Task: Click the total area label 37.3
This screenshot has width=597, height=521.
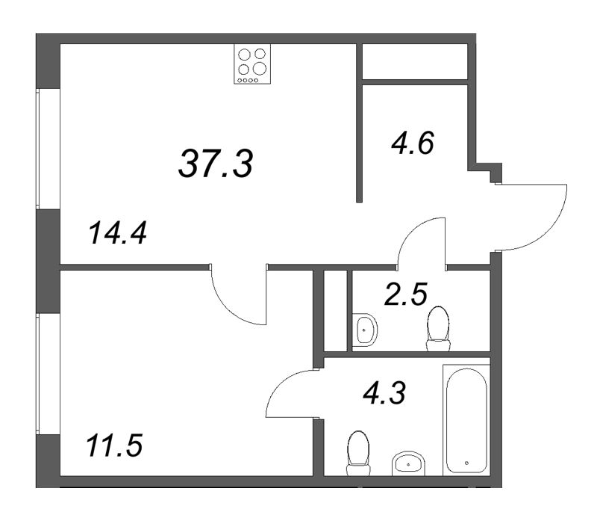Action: [216, 163]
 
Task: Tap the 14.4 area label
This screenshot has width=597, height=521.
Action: [117, 233]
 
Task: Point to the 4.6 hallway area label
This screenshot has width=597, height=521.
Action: [413, 143]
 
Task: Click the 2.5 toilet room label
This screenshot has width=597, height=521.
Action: [406, 294]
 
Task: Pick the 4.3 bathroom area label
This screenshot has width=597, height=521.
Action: [384, 393]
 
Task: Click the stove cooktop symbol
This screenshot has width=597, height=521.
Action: [252, 64]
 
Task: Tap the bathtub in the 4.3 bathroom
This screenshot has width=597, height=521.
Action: [466, 420]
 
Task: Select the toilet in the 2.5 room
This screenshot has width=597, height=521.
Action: [438, 328]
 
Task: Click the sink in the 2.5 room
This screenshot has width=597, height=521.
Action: [365, 329]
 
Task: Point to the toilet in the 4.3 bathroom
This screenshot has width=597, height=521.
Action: [359, 453]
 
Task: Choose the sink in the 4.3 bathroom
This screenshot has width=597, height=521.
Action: [408, 463]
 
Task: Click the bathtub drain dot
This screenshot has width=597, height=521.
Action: [467, 463]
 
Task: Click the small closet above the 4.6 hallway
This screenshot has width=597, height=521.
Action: [415, 61]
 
